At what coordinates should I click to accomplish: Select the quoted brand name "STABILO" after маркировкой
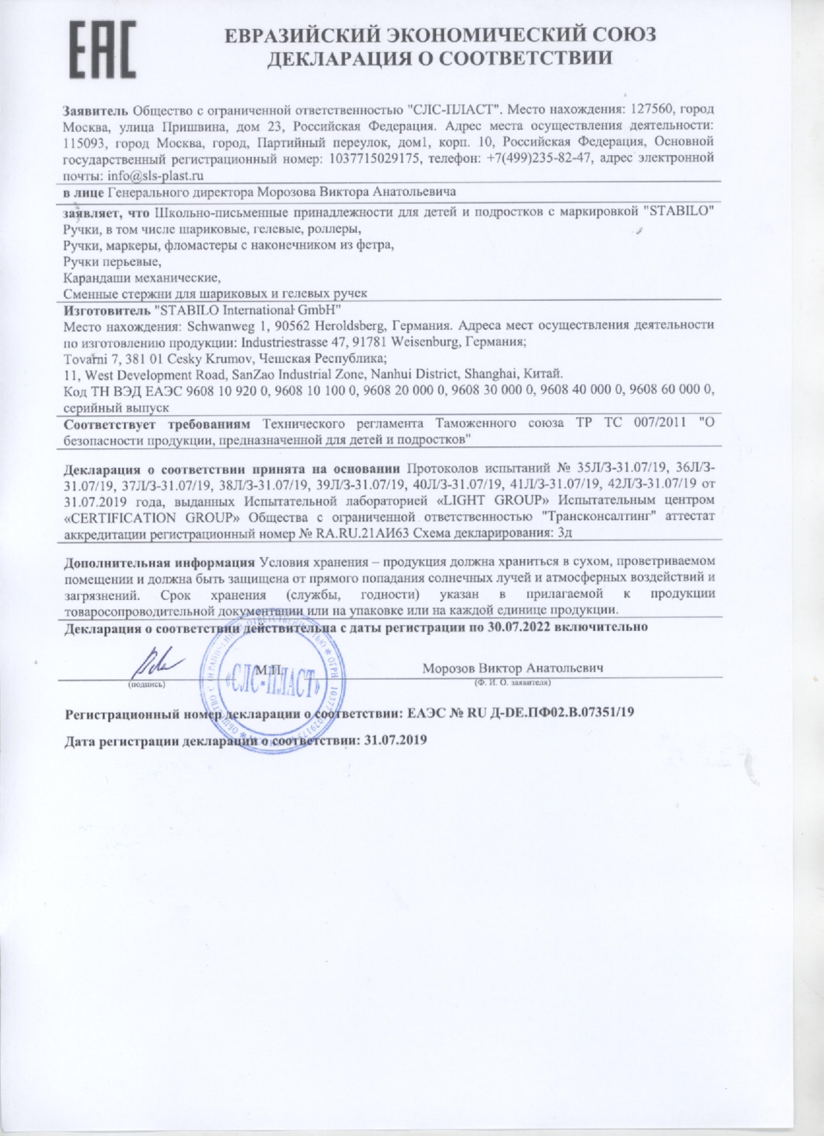pyautogui.click(x=678, y=211)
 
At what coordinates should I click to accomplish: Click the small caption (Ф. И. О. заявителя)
pyautogui.click(x=513, y=682)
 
